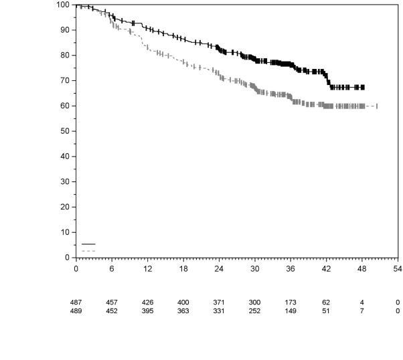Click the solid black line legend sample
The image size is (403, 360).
[x=88, y=244]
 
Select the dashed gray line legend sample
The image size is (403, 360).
[x=88, y=251]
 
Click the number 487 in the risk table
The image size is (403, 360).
[x=76, y=303]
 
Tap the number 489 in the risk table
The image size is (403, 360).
[x=76, y=310]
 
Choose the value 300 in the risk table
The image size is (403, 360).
[x=254, y=303]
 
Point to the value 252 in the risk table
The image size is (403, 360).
[x=254, y=310]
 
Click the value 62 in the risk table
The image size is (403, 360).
[x=326, y=303]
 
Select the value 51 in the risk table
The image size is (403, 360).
[x=326, y=310]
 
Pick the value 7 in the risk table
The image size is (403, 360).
[x=361, y=310]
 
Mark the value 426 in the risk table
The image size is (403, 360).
[x=147, y=303]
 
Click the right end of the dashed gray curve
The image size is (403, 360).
[x=378, y=106]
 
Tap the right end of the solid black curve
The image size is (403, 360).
[x=364, y=87]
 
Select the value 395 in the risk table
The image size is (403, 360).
[x=147, y=310]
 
